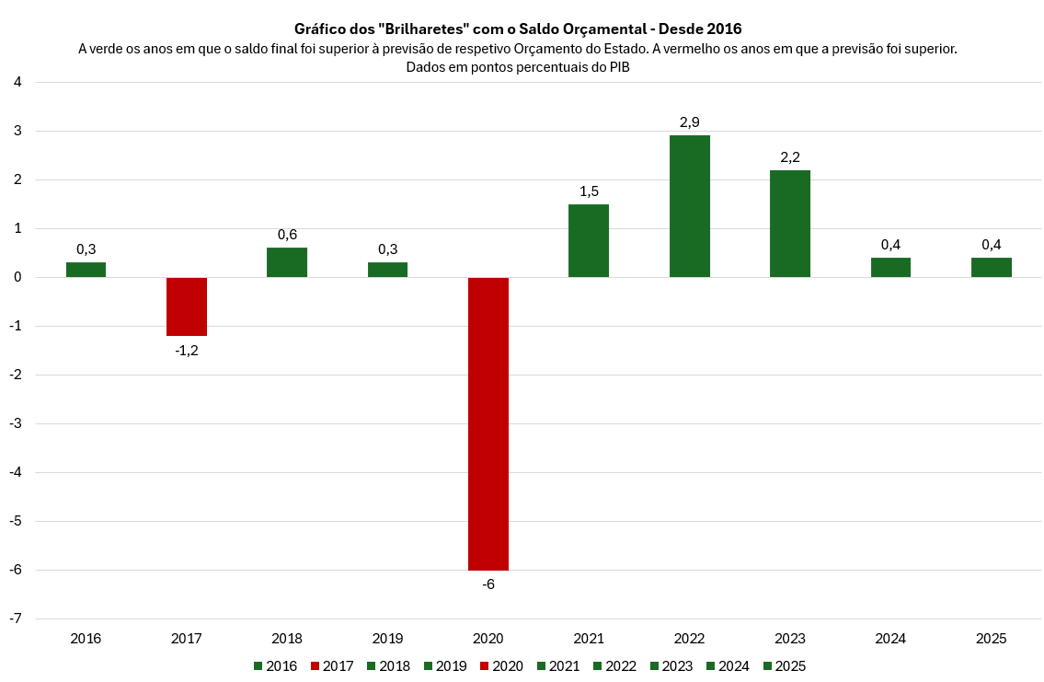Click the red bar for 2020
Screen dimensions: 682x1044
[488, 423]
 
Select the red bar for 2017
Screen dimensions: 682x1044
[187, 306]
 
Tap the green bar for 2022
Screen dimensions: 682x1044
[690, 206]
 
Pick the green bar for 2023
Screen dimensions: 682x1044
[790, 224]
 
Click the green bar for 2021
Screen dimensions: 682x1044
[589, 240]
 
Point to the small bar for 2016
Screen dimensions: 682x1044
[86, 270]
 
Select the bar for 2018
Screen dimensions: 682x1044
[287, 262]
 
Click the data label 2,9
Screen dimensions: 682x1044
[690, 121]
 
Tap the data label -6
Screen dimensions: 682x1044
[488, 584]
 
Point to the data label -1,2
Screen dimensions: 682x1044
[187, 350]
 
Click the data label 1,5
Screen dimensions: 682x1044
[589, 191]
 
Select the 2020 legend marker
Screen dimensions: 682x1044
[485, 666]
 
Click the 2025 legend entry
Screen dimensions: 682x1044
[785, 666]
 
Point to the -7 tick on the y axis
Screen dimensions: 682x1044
[16, 618]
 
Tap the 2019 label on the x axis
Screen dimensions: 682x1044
[387, 638]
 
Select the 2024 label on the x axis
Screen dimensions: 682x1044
[890, 638]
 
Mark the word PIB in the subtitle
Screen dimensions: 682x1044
[619, 66]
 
